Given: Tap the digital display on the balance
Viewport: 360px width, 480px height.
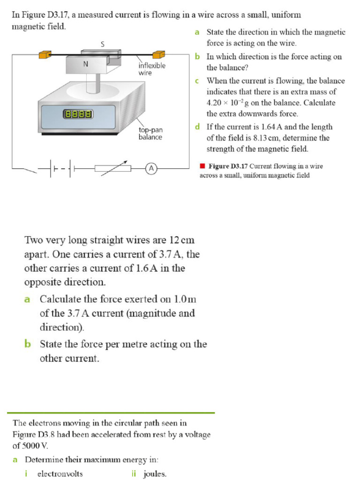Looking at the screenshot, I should (x=78, y=114).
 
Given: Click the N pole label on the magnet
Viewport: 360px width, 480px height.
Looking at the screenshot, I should (x=86, y=65).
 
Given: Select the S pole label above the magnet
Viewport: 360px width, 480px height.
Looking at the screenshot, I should (x=102, y=45).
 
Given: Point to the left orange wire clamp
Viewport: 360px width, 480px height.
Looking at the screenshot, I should (x=45, y=54).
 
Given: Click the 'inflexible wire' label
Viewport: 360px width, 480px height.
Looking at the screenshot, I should (x=151, y=69).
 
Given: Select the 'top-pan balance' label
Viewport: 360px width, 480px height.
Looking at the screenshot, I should (x=150, y=133).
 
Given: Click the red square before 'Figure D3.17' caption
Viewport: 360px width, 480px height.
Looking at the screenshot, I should (x=202, y=166).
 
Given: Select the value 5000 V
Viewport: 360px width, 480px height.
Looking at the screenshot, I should (x=33, y=446).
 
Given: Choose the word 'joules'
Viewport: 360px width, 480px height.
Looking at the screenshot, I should (x=155, y=474).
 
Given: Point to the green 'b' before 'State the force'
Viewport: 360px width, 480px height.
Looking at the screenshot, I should (x=28, y=345).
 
